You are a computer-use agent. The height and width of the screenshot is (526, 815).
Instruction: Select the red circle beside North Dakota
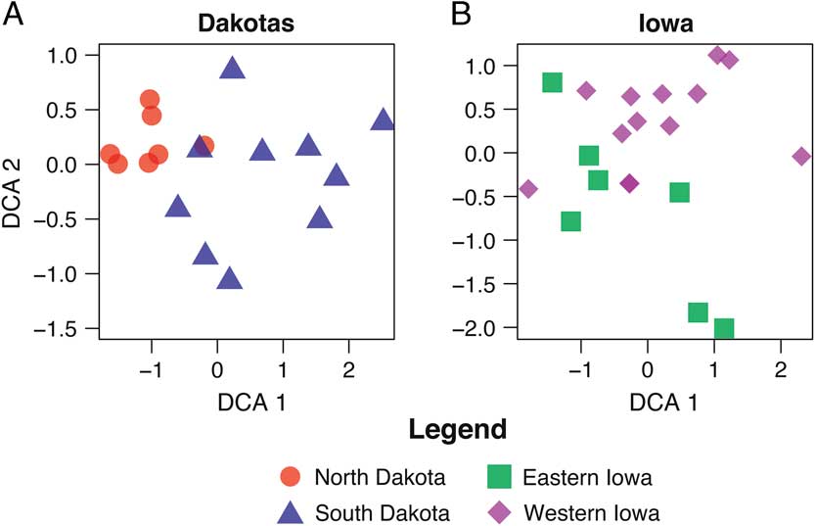coord(290,478)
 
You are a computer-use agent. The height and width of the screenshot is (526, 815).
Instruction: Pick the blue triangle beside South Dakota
coord(290,511)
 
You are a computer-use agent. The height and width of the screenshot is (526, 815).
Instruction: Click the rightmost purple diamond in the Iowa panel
coord(801,157)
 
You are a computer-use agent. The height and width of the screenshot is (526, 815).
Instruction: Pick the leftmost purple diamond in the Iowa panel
coord(529,189)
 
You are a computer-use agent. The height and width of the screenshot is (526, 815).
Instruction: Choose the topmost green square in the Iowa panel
coord(552,82)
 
